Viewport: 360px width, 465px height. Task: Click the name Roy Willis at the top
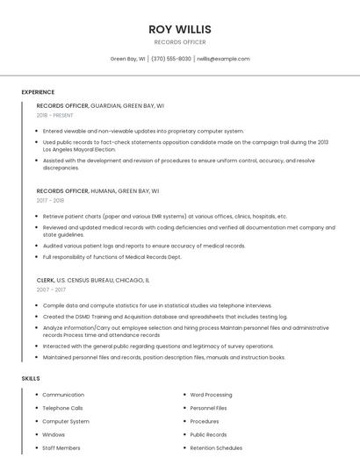(180, 29)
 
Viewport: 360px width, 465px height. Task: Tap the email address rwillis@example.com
(223, 59)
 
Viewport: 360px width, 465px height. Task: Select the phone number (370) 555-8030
(170, 59)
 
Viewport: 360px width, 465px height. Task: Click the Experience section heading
(38, 92)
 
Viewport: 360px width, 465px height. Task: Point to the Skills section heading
(30, 378)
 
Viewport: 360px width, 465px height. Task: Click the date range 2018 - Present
(54, 115)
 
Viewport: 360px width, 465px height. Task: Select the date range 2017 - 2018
(50, 200)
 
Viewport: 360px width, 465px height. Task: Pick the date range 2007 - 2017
(51, 290)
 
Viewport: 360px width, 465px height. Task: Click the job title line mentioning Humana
(97, 190)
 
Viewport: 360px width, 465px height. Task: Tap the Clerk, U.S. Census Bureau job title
(93, 280)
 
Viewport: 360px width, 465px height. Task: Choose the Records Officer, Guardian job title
(100, 105)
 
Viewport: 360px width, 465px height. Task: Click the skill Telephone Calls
(62, 408)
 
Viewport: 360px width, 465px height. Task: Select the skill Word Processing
(211, 395)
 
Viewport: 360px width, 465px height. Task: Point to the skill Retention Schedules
(216, 447)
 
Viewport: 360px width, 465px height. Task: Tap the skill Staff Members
(61, 447)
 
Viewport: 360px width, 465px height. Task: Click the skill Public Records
(208, 434)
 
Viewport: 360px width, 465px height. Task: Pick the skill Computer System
(66, 421)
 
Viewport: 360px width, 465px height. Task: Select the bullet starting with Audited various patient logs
(144, 246)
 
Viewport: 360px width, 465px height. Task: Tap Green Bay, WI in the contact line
(128, 59)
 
